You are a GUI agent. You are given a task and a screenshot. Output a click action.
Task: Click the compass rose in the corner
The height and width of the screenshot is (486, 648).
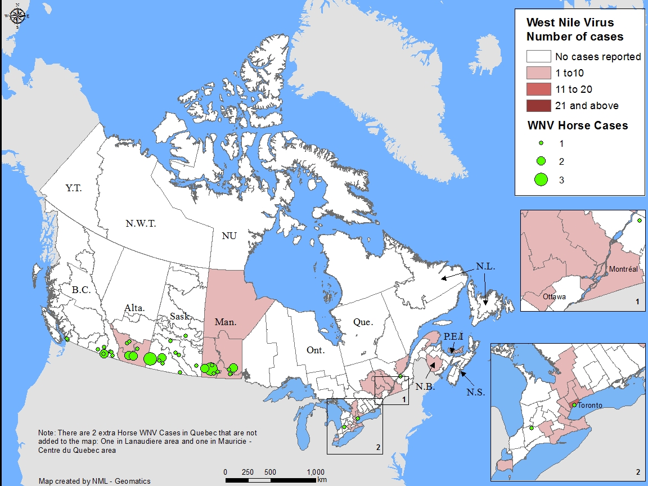click(x=17, y=16)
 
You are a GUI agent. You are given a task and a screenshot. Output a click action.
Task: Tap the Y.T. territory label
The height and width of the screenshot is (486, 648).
click(x=73, y=188)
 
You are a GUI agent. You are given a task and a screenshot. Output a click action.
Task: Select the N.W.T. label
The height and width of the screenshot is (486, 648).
click(x=141, y=223)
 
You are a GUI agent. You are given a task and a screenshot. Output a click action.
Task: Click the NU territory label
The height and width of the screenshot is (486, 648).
click(x=229, y=236)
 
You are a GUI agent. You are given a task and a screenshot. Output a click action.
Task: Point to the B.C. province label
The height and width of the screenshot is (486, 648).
click(x=81, y=291)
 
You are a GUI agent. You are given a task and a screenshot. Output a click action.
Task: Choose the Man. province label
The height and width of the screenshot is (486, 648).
click(x=225, y=322)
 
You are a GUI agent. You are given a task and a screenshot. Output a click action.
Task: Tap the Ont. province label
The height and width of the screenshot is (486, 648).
click(x=316, y=350)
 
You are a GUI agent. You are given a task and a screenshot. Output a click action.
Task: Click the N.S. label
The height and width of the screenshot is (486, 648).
click(x=475, y=392)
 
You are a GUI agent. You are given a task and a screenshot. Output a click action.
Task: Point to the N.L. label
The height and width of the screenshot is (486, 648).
click(x=485, y=267)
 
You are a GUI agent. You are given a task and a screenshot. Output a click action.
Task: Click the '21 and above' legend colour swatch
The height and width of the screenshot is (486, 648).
click(x=538, y=106)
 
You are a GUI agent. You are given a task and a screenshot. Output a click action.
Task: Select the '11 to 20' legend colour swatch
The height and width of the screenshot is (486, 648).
click(x=538, y=89)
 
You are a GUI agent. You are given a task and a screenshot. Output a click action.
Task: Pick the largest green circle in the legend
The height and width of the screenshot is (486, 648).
click(x=541, y=179)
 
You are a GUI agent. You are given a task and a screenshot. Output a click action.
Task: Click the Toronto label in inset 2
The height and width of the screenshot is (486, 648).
click(x=590, y=405)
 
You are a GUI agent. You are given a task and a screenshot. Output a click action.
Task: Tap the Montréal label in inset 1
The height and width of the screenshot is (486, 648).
click(x=623, y=269)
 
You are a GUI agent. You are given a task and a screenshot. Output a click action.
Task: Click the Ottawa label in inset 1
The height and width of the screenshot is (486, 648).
click(x=554, y=296)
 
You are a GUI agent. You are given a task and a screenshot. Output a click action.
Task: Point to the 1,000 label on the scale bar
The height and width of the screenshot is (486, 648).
click(x=315, y=471)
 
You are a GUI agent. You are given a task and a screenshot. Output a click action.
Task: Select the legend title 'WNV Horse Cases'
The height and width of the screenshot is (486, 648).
click(x=577, y=125)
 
